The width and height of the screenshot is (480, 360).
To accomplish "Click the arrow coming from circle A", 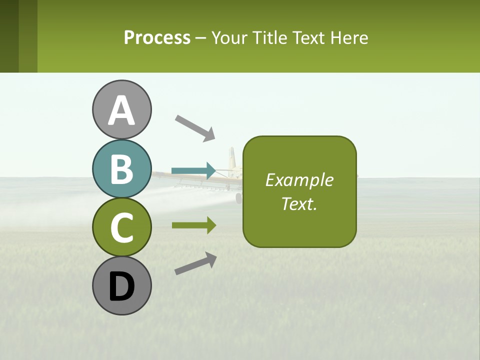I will (195, 128).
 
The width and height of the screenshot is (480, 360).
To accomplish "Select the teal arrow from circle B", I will (193, 171).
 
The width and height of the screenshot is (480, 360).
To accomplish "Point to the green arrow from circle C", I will (193, 225).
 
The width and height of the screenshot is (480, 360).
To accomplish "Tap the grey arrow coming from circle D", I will (195, 263).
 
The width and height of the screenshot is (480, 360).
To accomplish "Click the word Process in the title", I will (157, 37).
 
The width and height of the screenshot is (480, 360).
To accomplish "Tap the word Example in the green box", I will (299, 180).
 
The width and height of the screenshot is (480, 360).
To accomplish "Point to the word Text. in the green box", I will (299, 203).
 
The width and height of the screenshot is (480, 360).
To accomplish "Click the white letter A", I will (122, 110).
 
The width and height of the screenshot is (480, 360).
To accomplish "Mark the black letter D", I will (122, 286).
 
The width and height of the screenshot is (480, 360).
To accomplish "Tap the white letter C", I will (122, 228).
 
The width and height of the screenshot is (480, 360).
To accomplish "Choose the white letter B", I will (122, 169).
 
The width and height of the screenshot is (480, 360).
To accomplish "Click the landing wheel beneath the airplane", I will (238, 198).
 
